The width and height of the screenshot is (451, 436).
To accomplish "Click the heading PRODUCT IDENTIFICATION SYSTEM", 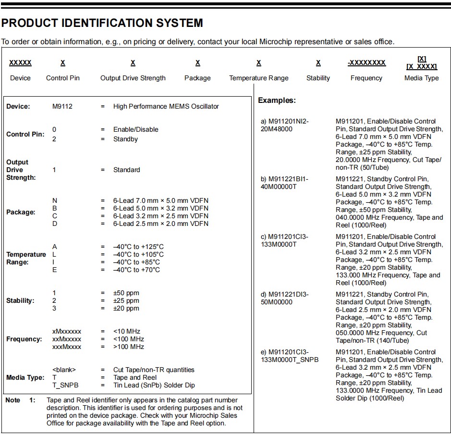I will [102, 23].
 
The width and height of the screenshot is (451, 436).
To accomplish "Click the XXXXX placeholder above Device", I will [20, 63].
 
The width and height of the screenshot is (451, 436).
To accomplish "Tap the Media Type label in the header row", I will [421, 78].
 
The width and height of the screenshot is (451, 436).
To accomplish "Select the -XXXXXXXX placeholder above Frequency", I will [366, 63].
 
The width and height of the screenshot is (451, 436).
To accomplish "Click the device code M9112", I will [62, 106].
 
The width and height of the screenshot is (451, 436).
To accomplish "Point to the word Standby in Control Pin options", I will [125, 139].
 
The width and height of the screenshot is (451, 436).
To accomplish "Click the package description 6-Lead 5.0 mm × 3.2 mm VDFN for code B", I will [161, 208].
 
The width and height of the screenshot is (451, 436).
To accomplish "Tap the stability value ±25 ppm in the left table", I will [126, 300].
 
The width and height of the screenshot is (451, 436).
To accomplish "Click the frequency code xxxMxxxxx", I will [67, 347].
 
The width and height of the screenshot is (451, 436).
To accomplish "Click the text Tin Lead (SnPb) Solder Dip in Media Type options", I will [154, 385].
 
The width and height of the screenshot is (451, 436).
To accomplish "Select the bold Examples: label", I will [277, 100].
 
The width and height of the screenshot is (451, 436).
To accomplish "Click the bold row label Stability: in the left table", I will [20, 300].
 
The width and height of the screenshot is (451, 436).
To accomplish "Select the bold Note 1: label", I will [20, 400].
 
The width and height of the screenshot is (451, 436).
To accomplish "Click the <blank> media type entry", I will [64, 370].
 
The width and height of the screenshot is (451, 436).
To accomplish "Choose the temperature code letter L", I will [54, 254].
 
